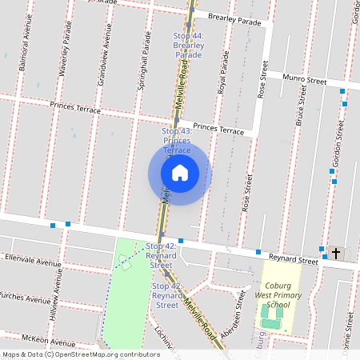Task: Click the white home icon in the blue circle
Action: [179, 172]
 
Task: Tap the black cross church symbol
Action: [336, 254]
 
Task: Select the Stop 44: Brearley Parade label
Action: [189, 46]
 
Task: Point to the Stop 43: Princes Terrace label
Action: [177, 140]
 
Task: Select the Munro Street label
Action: [307, 81]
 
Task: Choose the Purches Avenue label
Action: [26, 298]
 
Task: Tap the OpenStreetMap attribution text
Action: [82, 354]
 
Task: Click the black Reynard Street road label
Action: [293, 260]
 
